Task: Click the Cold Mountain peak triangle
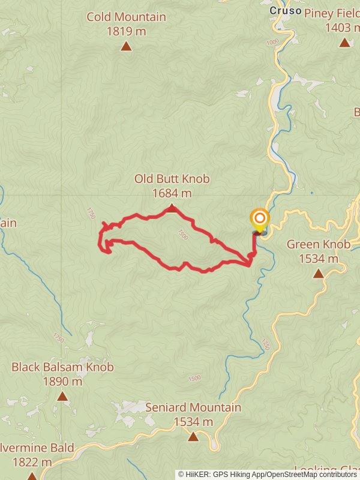tap(126, 46)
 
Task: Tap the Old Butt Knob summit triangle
tap(172, 208)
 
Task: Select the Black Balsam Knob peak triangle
tap(62, 396)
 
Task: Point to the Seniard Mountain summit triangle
tap(193, 437)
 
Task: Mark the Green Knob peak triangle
tap(318, 274)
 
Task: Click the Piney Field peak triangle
tap(344, 43)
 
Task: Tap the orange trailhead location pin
tap(260, 220)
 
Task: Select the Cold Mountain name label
tap(126, 17)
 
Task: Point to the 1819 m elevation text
tap(126, 31)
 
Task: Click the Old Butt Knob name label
tap(172, 179)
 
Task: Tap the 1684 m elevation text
tap(172, 193)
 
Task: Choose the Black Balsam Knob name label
tap(62, 367)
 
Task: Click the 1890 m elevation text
tap(62, 381)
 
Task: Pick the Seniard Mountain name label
tap(193, 408)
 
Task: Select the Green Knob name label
tap(318, 245)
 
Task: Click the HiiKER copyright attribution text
tap(268, 474)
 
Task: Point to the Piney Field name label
tap(332, 13)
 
